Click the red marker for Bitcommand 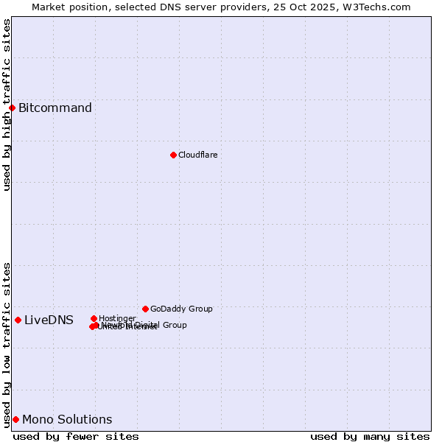point(12,108)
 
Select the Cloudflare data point point(173,155)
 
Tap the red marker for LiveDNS point(18,320)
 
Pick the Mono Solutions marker point(15,419)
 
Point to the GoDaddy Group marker point(145,309)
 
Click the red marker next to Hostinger point(94,318)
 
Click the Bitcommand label point(55,108)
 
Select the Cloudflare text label point(197,155)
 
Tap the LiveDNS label point(49,320)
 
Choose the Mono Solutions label point(67,420)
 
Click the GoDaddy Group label point(181,309)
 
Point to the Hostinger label point(117,318)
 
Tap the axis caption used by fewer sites point(76,436)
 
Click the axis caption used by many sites point(370,436)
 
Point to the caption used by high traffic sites point(7,105)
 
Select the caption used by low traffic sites point(7,344)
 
